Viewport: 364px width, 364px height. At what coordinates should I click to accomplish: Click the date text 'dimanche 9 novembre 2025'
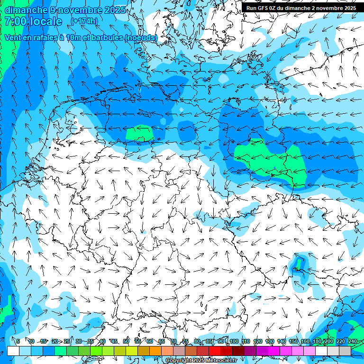click(x=65, y=9)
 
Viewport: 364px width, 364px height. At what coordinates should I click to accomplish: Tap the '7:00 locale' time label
click(x=33, y=21)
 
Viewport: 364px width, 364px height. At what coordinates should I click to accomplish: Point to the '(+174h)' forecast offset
click(x=84, y=21)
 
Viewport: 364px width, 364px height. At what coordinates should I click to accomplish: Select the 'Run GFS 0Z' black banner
click(x=301, y=8)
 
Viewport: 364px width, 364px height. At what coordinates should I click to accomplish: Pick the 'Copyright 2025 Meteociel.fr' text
click(x=201, y=361)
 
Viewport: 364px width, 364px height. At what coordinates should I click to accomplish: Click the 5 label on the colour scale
click(x=18, y=341)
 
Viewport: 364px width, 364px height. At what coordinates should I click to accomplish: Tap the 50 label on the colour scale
click(x=126, y=341)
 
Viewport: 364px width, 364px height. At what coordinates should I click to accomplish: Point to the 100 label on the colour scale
click(x=234, y=341)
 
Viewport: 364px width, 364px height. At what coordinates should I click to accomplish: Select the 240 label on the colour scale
click(x=353, y=341)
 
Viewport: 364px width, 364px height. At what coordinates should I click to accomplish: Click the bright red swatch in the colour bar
click(x=215, y=351)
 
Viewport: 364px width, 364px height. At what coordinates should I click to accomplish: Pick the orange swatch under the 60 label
click(x=155, y=351)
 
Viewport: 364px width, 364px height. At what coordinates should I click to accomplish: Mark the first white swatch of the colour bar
click(x=13, y=351)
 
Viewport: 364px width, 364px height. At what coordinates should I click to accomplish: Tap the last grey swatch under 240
click(x=345, y=351)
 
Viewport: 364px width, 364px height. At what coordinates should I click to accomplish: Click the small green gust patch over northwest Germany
click(x=140, y=133)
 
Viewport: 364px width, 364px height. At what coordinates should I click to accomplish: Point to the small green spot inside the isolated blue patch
click(x=299, y=262)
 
